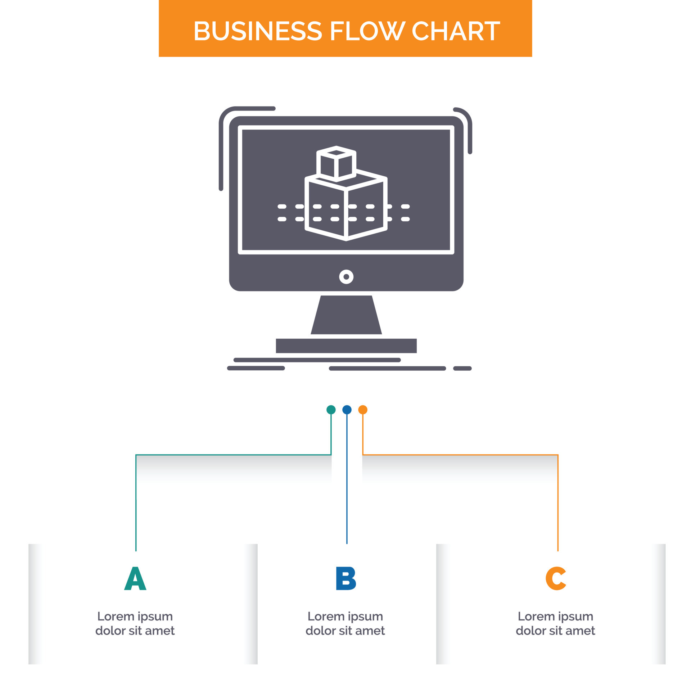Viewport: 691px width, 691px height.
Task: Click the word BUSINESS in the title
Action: coord(257,31)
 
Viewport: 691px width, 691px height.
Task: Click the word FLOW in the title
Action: coord(367,31)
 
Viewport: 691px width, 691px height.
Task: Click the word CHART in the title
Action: coord(455,31)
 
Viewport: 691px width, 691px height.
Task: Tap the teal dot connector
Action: coord(331,410)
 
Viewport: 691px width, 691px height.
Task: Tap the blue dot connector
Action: coord(347,410)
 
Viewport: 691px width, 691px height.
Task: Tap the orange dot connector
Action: coord(363,410)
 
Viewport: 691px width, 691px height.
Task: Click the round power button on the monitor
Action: coord(346,277)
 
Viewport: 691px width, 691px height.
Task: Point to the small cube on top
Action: coord(336,164)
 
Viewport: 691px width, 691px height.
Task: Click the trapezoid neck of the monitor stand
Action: coord(346,315)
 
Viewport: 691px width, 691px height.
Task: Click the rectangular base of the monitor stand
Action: coord(346,345)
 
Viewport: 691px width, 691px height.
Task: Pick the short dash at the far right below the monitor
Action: coord(462,368)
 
